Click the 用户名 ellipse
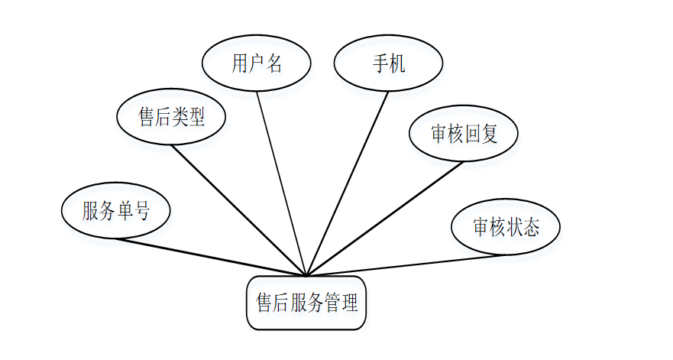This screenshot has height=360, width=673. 256,63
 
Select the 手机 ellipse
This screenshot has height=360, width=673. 388,63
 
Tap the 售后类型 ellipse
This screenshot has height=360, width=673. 171,117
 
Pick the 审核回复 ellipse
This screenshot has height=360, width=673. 464,134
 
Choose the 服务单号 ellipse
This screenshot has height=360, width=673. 115,211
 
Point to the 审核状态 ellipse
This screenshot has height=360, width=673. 506,227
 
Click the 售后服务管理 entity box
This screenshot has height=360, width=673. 306,303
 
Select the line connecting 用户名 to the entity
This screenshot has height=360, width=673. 281,183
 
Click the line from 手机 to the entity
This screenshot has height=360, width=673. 347,183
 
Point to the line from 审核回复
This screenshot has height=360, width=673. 384,219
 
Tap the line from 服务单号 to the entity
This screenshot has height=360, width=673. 210,258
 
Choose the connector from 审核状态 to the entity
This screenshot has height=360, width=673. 405,265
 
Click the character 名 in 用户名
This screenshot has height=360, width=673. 274,63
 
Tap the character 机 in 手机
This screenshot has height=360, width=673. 396,63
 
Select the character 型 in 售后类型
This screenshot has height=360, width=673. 196,117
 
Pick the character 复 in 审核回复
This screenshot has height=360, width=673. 489,134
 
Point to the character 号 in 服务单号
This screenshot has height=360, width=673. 141,211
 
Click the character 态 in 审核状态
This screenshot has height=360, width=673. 531,227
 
